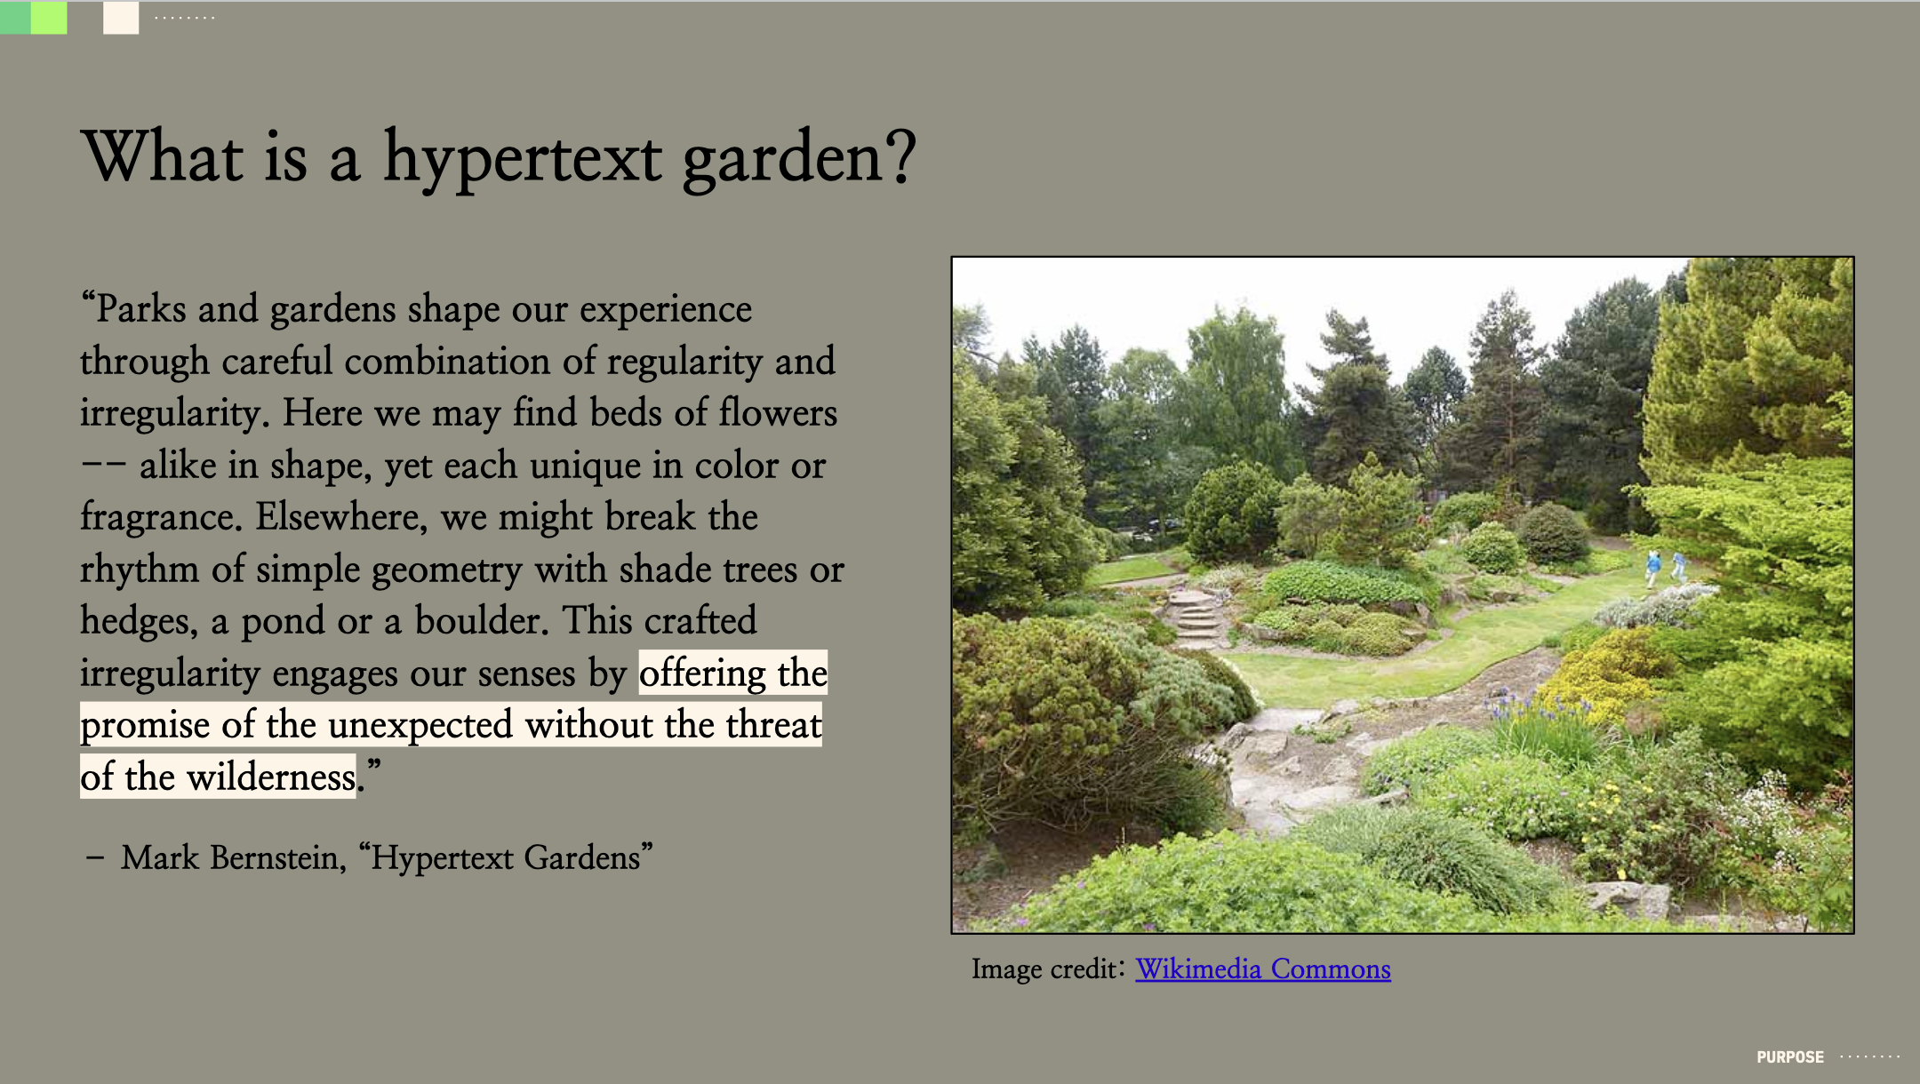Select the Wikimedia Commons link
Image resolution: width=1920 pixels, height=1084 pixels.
click(1263, 968)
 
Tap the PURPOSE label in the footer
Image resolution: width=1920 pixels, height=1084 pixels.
click(1790, 1057)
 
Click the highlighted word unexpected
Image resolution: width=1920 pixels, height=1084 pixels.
click(420, 725)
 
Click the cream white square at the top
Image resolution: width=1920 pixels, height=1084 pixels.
click(121, 18)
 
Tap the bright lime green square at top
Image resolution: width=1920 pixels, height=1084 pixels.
click(49, 18)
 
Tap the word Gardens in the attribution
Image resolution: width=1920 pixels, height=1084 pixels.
click(582, 857)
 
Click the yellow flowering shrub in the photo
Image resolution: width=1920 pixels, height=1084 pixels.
click(1600, 675)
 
